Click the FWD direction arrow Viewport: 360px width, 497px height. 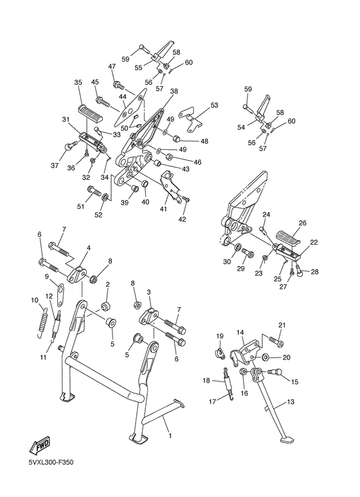40,446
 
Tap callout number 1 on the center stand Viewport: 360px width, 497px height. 170,436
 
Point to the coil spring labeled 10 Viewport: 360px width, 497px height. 43,319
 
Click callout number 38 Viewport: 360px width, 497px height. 174,92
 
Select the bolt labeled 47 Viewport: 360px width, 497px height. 117,84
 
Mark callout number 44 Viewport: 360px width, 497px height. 122,96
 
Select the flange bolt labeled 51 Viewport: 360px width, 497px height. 94,190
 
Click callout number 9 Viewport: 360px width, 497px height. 47,277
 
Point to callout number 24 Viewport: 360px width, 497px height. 265,215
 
